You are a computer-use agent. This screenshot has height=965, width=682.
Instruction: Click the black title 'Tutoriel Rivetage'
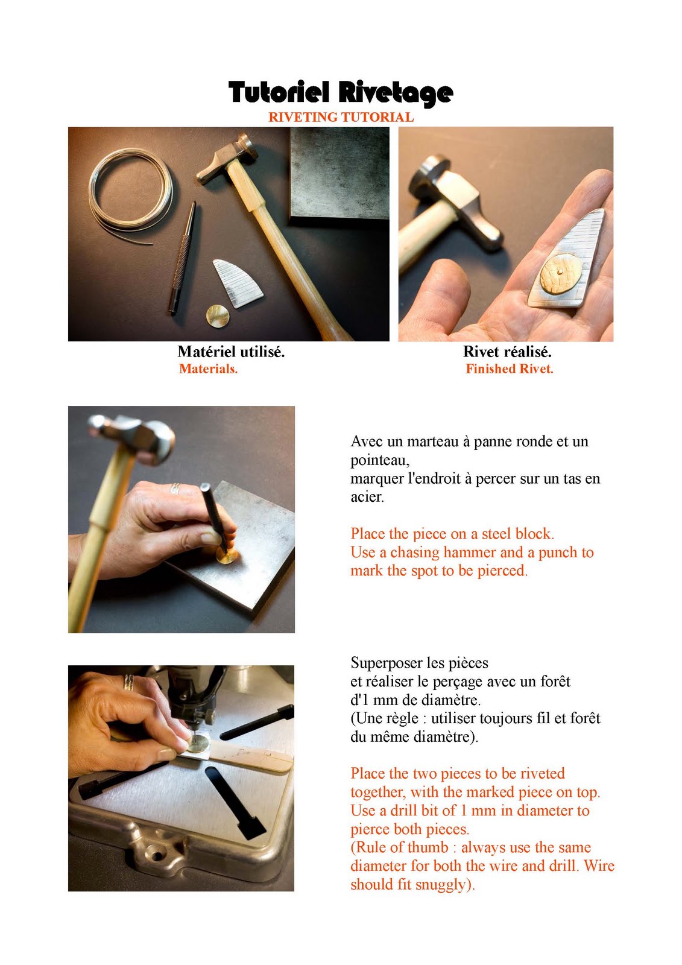tap(341, 93)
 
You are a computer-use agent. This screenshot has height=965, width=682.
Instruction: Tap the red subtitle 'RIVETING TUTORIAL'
tap(341, 117)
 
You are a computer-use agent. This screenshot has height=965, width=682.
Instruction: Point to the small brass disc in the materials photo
tap(218, 315)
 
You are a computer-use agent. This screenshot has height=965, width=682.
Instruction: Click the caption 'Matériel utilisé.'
tap(231, 352)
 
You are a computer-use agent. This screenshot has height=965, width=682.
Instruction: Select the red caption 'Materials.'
tap(208, 369)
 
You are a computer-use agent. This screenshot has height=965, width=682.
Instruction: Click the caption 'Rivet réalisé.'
tap(507, 352)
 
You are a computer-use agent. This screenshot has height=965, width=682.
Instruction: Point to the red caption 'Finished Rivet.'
tap(509, 369)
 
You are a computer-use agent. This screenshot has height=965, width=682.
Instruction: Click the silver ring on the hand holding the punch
tap(175, 489)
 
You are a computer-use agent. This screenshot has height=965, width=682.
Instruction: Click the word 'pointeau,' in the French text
tap(380, 460)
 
